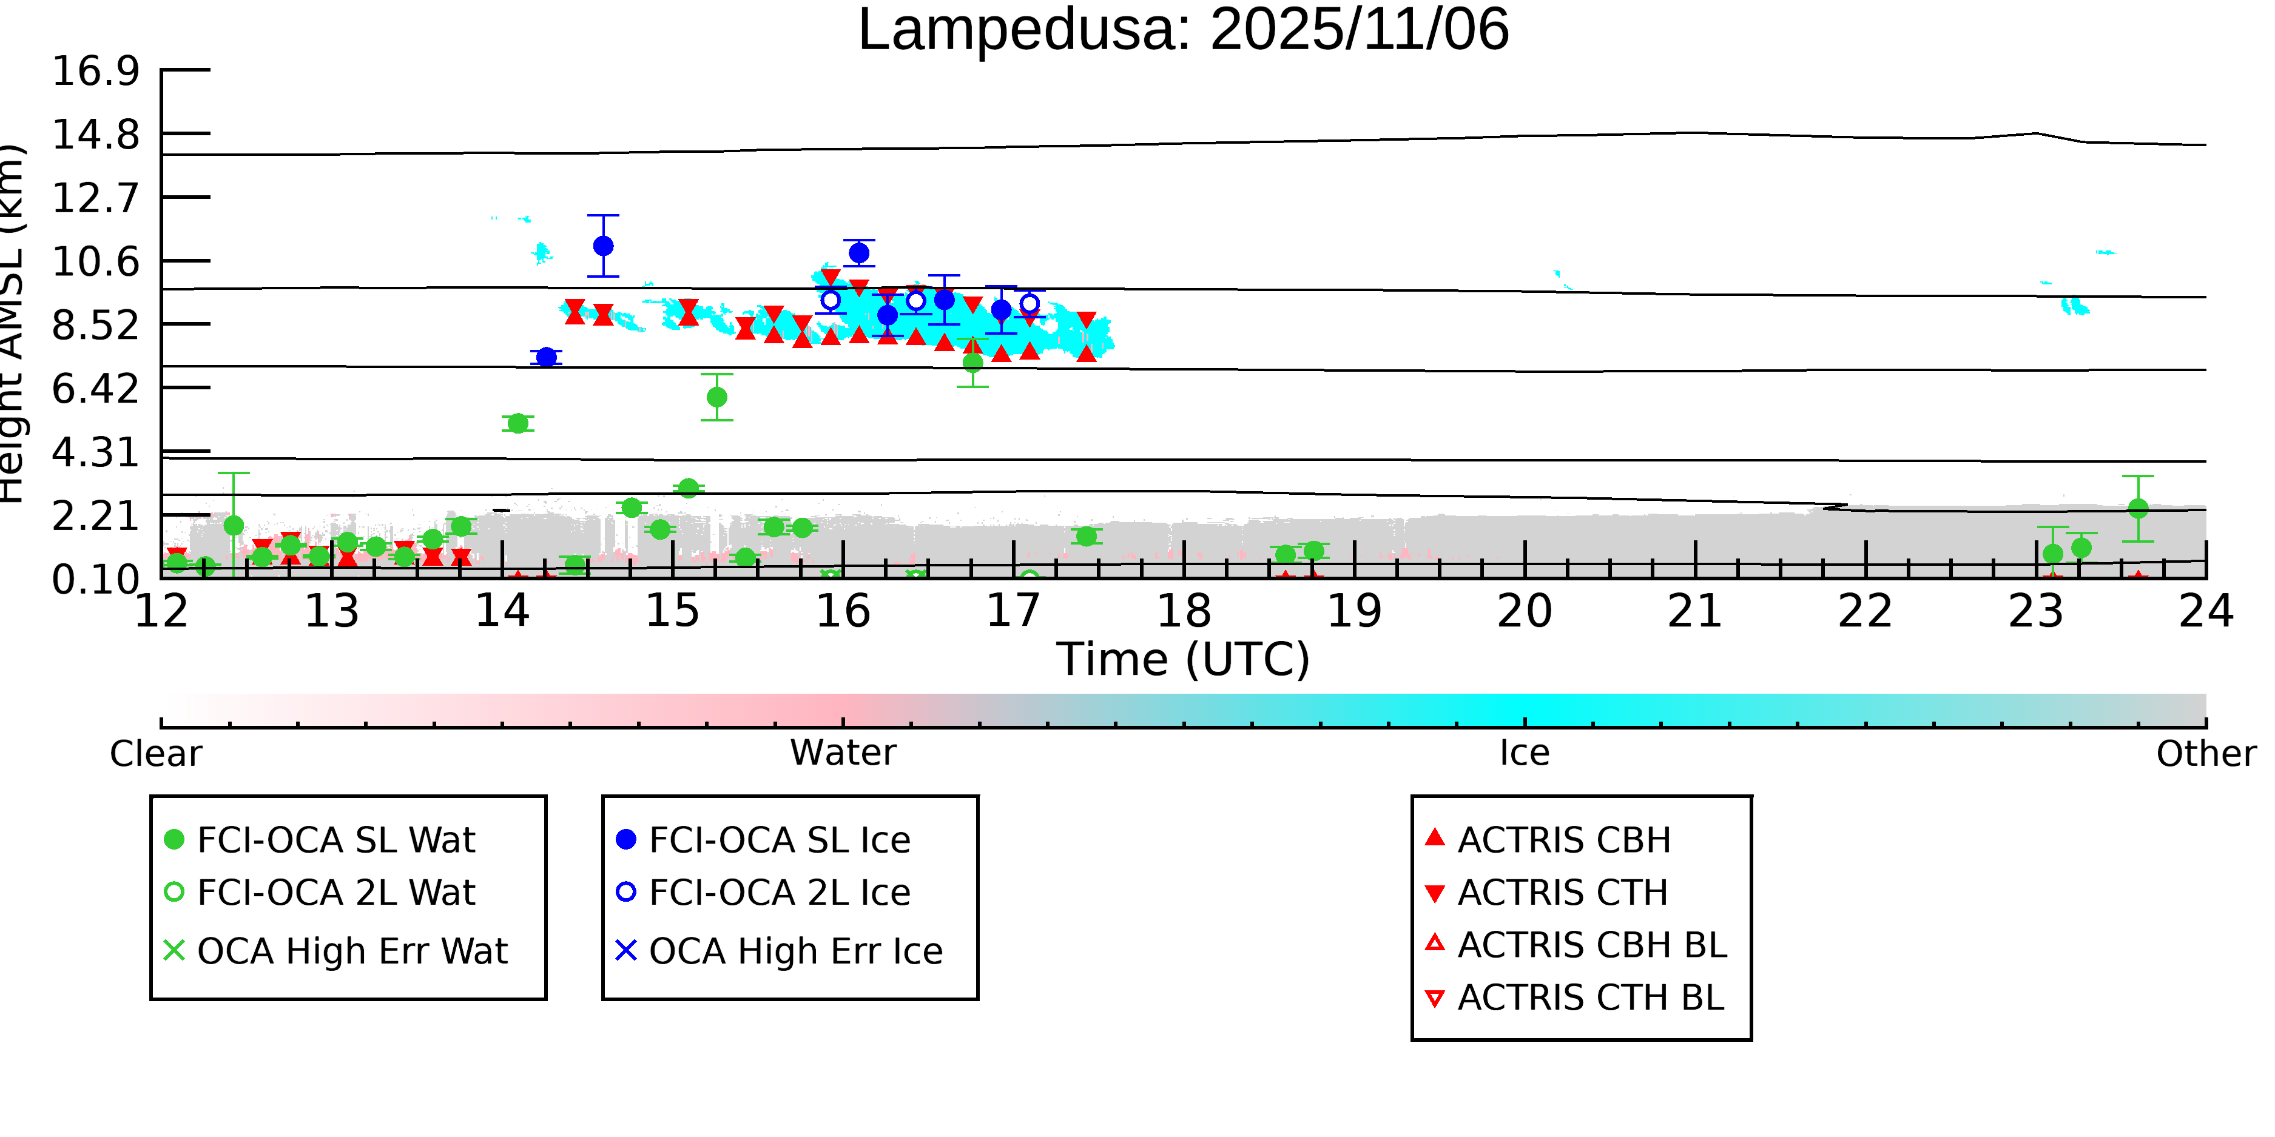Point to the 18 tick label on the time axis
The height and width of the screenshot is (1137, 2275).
tap(1184, 611)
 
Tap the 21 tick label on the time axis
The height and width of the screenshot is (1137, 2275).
tap(1695, 611)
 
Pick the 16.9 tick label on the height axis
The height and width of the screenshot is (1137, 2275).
tap(95, 70)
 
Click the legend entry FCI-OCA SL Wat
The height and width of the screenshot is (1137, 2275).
tap(335, 839)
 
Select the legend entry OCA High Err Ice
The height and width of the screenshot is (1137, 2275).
tap(795, 951)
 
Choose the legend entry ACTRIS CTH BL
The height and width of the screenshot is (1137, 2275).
tap(1589, 998)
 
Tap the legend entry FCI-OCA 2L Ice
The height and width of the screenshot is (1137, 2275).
tap(779, 893)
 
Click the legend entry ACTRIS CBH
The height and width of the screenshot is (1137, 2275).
tap(1563, 839)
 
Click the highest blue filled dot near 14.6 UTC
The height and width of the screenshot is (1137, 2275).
tap(603, 246)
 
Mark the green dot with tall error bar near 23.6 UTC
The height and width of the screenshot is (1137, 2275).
tap(2138, 509)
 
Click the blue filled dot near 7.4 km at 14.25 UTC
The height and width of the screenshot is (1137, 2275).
tap(546, 357)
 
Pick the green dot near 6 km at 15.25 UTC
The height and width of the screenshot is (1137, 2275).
tap(717, 397)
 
